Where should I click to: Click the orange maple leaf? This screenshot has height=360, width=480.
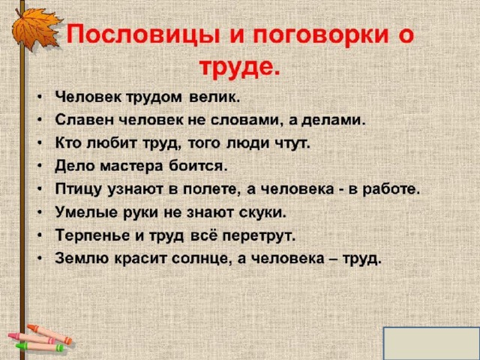35,29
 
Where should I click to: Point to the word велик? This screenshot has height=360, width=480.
213,97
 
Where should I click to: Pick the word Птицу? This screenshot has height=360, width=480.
78,190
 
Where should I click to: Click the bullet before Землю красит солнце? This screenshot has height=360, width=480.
40,258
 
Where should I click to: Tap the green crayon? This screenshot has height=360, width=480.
40,347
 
